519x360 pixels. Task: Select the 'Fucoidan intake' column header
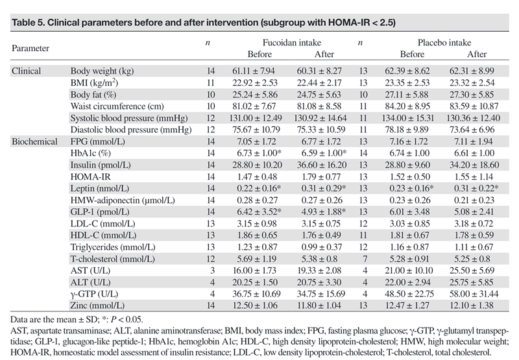pyautogui.click(x=293, y=43)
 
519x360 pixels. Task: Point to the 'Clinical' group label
pyautogui.click(x=27, y=71)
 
